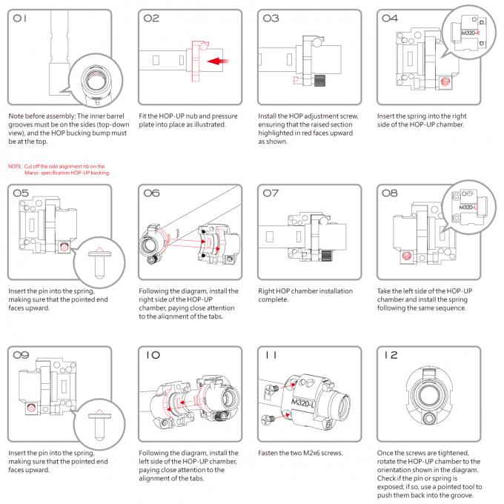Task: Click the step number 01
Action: point(19,19)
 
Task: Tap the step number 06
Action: point(151,193)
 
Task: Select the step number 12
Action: point(391,355)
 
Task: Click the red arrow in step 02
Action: point(218,61)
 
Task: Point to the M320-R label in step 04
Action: point(470,33)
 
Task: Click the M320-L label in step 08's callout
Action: point(468,208)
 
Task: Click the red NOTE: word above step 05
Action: point(15,166)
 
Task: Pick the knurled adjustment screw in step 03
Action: point(319,80)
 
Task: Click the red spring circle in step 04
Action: point(445,82)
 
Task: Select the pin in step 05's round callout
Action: point(99,262)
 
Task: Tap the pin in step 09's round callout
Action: point(99,425)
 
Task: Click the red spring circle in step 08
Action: point(407,256)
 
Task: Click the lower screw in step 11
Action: point(268,419)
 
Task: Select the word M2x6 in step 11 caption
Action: point(312,453)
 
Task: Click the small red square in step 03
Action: point(296,79)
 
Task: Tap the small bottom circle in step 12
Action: point(429,419)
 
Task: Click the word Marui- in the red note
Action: point(32,173)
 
